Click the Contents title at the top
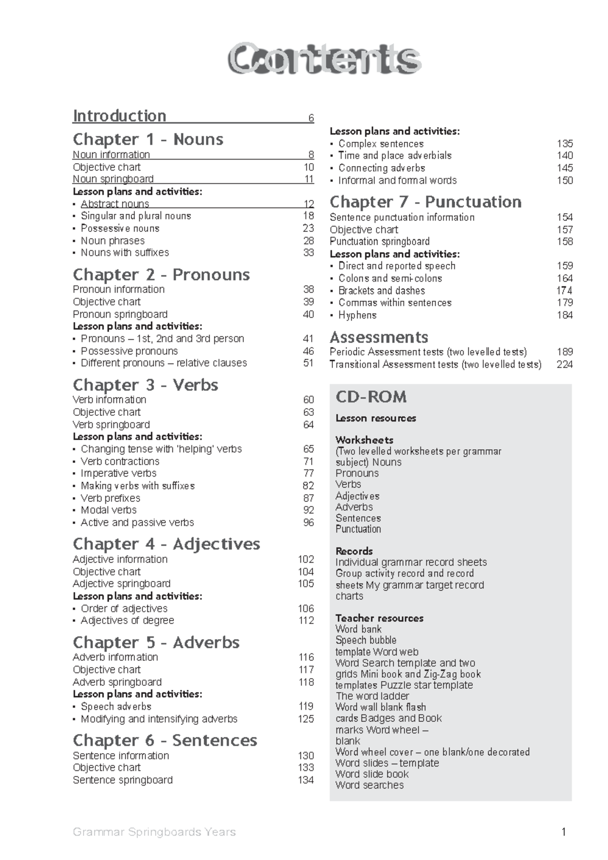(324, 59)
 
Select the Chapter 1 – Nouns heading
(148, 139)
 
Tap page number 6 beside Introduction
(311, 119)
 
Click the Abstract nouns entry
(115, 204)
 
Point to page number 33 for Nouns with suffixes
(309, 253)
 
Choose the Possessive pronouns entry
(129, 351)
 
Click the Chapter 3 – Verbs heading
(145, 385)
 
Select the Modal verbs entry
(108, 510)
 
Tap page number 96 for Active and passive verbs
(309, 523)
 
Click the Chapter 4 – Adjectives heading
(166, 544)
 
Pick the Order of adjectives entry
(124, 609)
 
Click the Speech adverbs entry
(116, 707)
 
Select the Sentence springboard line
(123, 780)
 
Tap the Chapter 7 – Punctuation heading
(426, 202)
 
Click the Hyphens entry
(357, 315)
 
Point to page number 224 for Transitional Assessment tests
(564, 365)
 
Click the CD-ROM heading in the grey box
(371, 397)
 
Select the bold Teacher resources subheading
(379, 618)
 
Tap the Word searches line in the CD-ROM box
(369, 785)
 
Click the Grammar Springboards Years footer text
(155, 832)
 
